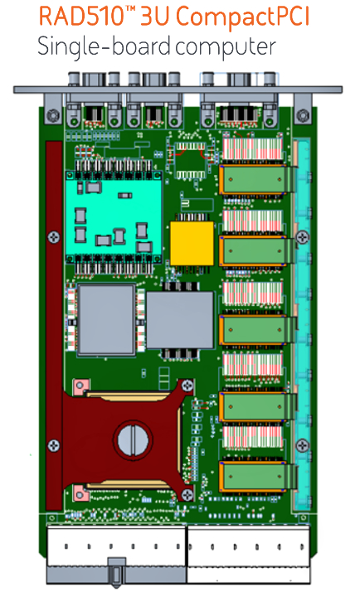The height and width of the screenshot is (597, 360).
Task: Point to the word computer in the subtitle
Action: coord(226,47)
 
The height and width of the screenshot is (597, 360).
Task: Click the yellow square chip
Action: coord(192,243)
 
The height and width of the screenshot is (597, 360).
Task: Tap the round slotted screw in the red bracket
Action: coord(133,439)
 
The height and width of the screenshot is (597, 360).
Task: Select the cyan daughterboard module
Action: coord(114,216)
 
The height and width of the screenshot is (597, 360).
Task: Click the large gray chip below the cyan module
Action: coord(106,319)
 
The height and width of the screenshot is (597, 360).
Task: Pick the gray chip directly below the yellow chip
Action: coord(180,320)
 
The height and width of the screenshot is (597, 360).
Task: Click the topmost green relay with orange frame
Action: coord(252,179)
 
